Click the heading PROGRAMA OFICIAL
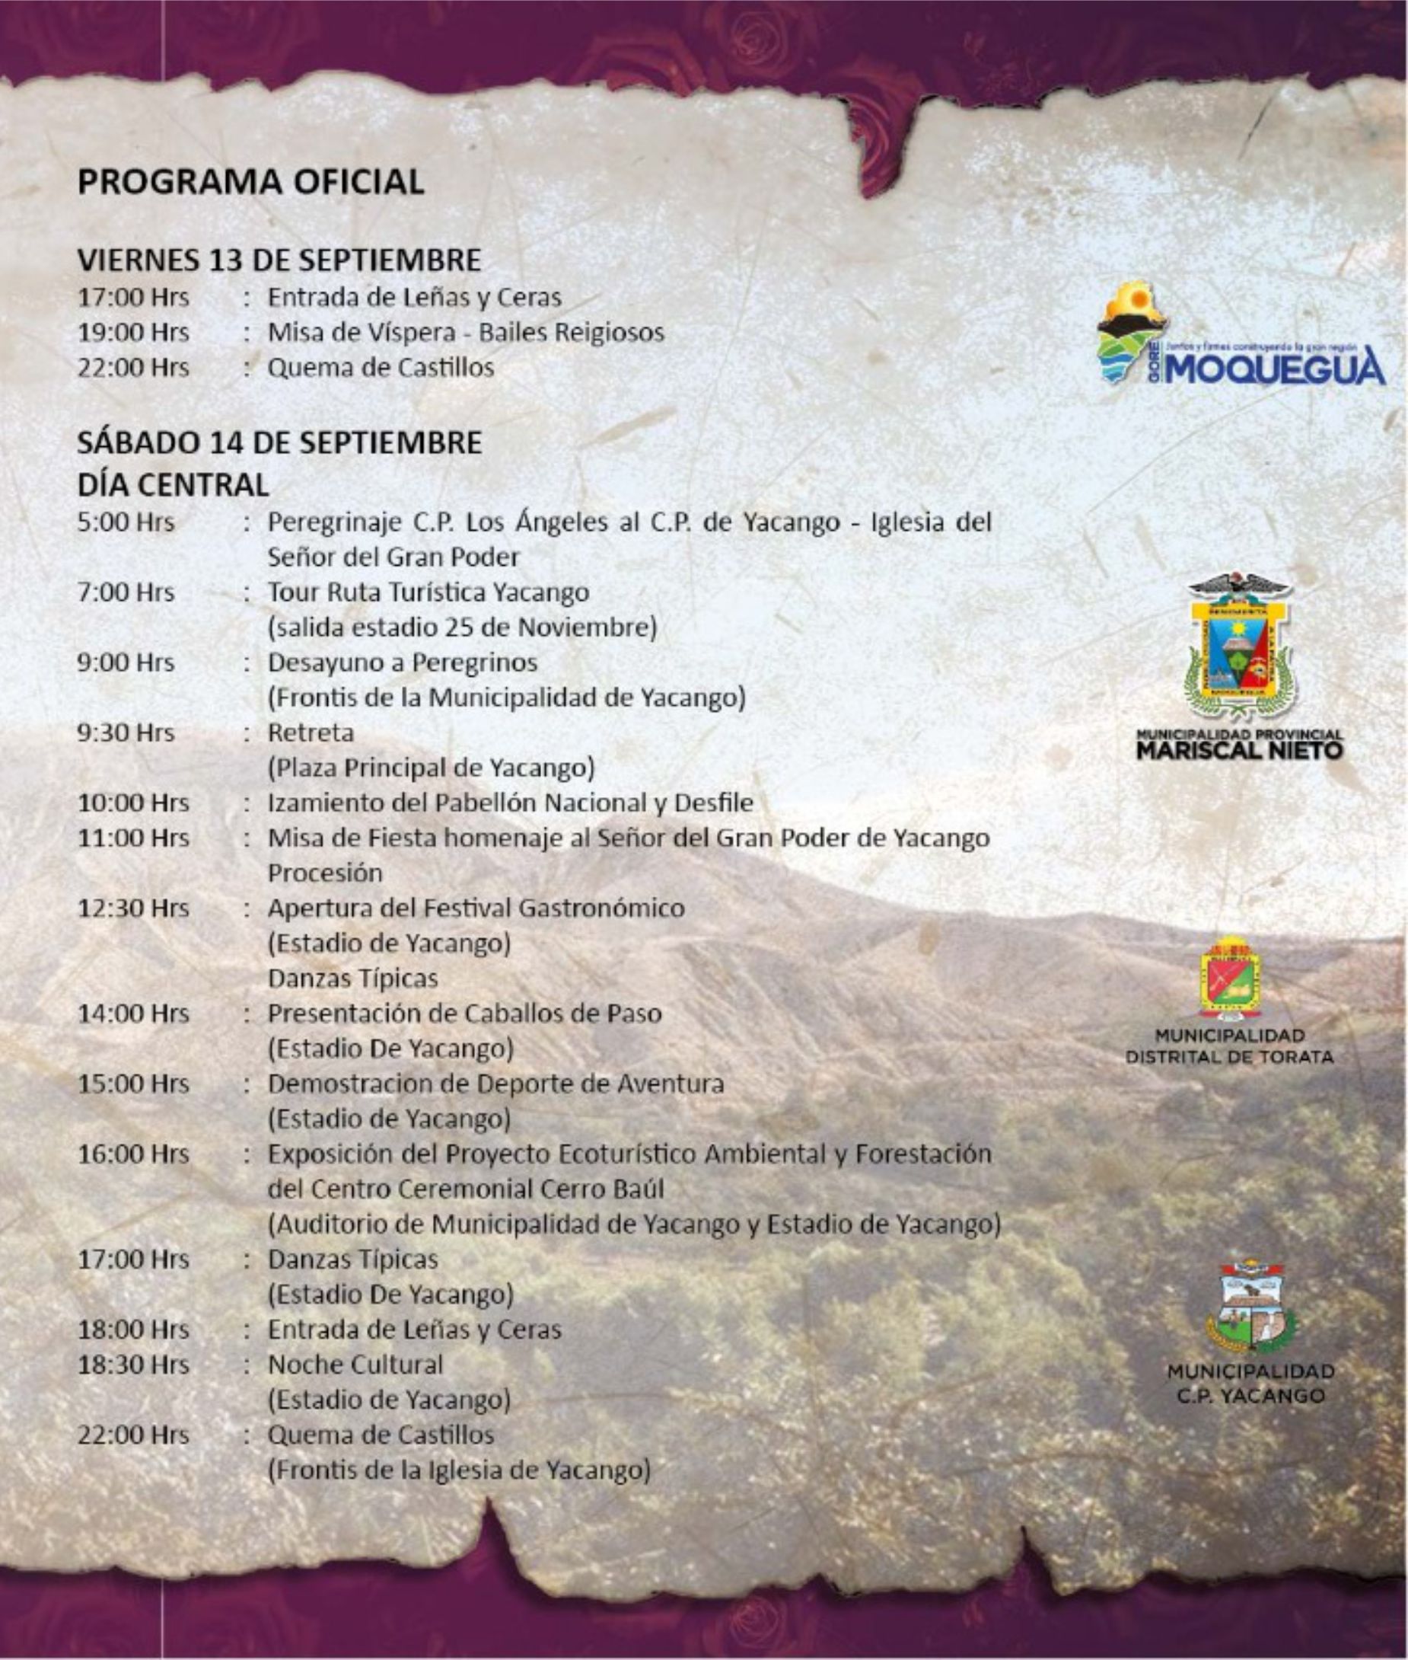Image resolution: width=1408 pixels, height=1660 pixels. click(x=250, y=182)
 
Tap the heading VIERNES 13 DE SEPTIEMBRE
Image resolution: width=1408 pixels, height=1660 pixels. click(x=279, y=260)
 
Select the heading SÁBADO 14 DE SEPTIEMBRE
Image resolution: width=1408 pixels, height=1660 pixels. click(x=279, y=442)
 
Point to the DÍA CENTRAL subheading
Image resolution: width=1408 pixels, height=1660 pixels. click(x=173, y=484)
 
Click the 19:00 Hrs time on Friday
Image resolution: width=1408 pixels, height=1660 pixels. click(x=133, y=332)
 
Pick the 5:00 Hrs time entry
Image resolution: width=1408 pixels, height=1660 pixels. click(x=126, y=522)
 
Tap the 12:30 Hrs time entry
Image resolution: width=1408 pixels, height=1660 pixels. click(x=133, y=908)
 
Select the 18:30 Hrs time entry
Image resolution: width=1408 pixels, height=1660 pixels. click(x=133, y=1365)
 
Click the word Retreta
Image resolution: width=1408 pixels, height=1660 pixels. click(x=311, y=733)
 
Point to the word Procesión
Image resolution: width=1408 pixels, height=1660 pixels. click(x=325, y=873)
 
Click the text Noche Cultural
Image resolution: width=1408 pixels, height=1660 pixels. click(x=355, y=1365)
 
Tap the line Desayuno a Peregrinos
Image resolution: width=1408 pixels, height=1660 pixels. click(x=403, y=662)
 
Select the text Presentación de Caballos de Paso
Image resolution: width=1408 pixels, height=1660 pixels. click(x=464, y=1014)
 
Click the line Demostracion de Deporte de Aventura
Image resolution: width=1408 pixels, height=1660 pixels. click(x=495, y=1084)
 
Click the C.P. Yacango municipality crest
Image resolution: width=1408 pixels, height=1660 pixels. click(x=1250, y=1308)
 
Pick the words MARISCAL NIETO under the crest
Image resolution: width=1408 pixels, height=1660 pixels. click(x=1240, y=751)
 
